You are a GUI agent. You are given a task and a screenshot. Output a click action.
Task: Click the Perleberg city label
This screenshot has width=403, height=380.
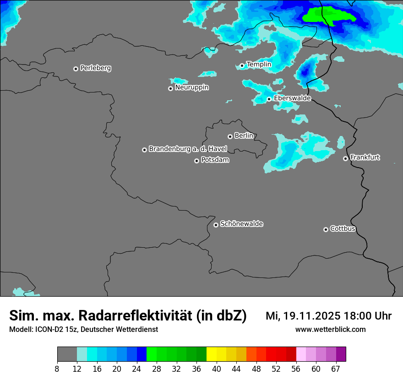(95, 68)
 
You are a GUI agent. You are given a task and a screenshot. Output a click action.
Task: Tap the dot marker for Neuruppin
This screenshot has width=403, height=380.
(170, 88)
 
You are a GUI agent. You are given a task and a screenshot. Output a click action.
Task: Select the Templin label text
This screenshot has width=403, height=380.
(259, 65)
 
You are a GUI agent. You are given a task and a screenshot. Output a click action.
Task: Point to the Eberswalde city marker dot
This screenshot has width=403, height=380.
(269, 99)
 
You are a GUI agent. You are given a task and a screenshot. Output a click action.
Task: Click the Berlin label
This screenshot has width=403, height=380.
(244, 136)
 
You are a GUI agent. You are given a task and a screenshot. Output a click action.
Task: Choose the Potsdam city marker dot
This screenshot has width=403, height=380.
(196, 161)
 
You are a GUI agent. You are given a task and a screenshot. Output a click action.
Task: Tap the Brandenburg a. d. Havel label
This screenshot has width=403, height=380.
(188, 149)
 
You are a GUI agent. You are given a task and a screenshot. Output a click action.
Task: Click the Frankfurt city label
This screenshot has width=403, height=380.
(365, 157)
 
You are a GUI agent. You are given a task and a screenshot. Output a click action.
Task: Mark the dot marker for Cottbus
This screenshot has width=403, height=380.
(326, 229)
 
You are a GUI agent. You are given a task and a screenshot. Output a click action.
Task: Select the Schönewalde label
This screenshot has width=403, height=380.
(241, 224)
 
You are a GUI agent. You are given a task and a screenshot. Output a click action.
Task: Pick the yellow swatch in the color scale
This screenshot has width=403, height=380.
(212, 354)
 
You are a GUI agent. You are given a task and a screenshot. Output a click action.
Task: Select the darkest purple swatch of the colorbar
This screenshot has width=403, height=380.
(341, 354)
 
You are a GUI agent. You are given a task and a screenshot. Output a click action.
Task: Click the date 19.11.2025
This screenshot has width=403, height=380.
(311, 316)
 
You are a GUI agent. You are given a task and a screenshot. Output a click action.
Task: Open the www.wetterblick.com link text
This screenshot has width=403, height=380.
(330, 329)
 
